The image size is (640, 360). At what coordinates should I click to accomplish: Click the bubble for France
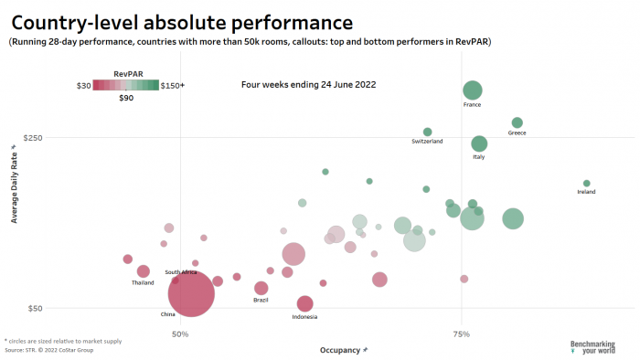pyautogui.click(x=472, y=90)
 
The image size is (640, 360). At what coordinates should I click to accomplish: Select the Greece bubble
pyautogui.click(x=517, y=122)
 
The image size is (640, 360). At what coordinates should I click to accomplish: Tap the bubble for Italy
pyautogui.click(x=479, y=143)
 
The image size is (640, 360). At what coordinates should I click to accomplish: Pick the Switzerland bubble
pyautogui.click(x=427, y=132)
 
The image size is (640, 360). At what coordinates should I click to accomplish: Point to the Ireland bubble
pyautogui.click(x=586, y=184)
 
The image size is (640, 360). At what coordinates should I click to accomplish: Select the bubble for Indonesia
pyautogui.click(x=304, y=303)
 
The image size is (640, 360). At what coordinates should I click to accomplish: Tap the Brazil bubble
pyautogui.click(x=261, y=289)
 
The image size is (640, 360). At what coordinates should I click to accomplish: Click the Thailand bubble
pyautogui.click(x=143, y=271)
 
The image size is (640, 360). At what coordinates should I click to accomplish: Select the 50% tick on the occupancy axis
pyautogui.click(x=180, y=334)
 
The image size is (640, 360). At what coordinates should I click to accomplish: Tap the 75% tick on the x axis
pyautogui.click(x=462, y=334)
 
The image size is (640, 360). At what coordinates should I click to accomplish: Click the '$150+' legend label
pyautogui.click(x=172, y=85)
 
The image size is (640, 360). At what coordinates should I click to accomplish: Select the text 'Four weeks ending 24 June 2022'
pyautogui.click(x=308, y=84)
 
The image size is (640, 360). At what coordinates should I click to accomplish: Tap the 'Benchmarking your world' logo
pyautogui.click(x=592, y=347)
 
